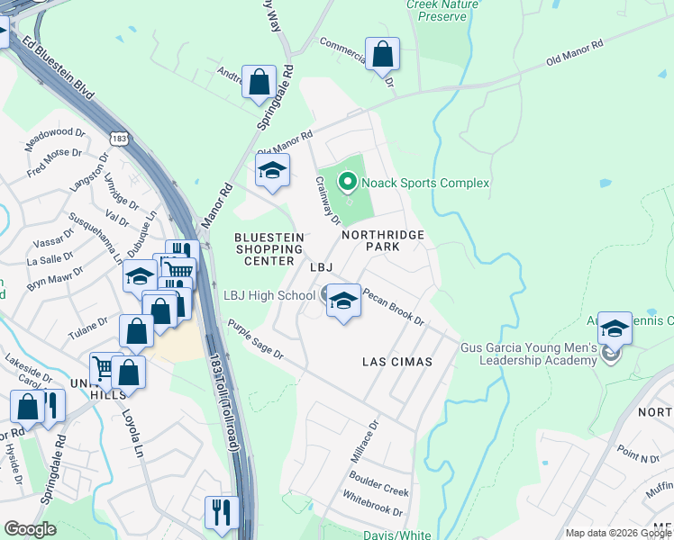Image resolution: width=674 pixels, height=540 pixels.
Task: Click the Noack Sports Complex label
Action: tap(425, 184)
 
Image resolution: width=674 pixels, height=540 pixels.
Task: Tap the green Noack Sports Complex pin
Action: tap(347, 184)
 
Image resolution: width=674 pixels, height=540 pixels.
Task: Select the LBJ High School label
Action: tap(269, 295)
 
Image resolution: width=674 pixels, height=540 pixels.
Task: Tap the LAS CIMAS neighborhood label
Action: tap(396, 362)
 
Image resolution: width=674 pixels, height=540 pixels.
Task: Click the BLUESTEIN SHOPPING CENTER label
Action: tap(268, 249)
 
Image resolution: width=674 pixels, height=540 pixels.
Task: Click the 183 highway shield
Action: tap(119, 138)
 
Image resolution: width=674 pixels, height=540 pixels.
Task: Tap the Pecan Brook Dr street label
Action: tap(393, 307)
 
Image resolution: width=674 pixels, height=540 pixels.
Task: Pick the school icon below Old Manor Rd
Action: tap(271, 171)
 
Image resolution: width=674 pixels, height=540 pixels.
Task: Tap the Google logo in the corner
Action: tap(30, 529)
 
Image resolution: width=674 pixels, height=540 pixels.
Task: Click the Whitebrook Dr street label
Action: tap(372, 509)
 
